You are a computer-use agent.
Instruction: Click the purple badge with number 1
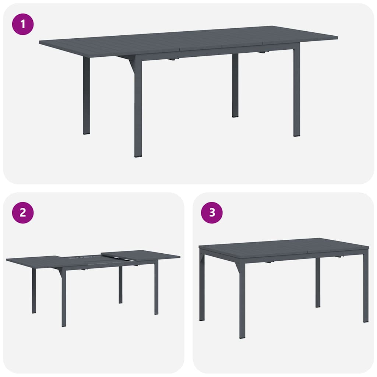tap(23, 24)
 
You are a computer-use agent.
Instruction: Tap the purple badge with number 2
tap(23, 213)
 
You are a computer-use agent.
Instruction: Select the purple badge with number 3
tap(212, 213)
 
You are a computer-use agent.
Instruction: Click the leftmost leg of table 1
tap(86, 96)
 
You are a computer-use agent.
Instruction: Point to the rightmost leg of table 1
tap(296, 92)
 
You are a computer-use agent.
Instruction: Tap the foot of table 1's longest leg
tap(138, 155)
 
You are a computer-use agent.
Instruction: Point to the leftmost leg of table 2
tap(34, 291)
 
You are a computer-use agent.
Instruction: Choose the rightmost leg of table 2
tap(156, 289)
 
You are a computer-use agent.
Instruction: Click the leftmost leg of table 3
tap(202, 285)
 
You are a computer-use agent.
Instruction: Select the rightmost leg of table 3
tap(365, 287)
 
